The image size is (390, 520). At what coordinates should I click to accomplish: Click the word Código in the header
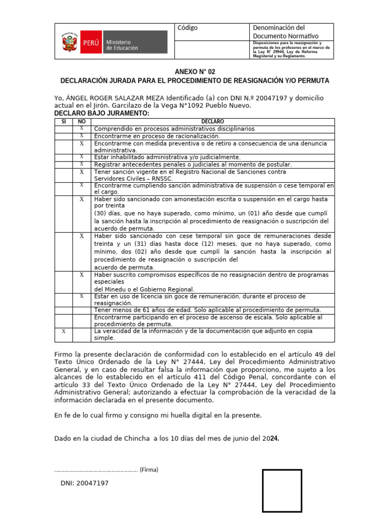coord(187,28)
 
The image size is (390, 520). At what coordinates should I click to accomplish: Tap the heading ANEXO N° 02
coord(195,72)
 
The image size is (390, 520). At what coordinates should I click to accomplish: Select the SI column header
coord(63,122)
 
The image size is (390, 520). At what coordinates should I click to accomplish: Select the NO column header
coord(81,122)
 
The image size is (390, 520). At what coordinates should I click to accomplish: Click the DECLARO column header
coord(212,122)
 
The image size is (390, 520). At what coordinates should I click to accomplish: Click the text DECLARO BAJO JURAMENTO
coord(102,113)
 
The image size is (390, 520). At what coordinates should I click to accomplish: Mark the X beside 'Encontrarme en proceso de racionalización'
coord(81,136)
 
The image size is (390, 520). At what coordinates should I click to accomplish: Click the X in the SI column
coord(63,331)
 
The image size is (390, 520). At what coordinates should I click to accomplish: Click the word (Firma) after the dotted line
coord(149,470)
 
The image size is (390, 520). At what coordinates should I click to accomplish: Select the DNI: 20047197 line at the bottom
coord(84,483)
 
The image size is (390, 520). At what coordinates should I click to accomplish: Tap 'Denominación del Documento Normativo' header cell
coord(285,31)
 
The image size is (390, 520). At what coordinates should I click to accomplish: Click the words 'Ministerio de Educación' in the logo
coord(118,45)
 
